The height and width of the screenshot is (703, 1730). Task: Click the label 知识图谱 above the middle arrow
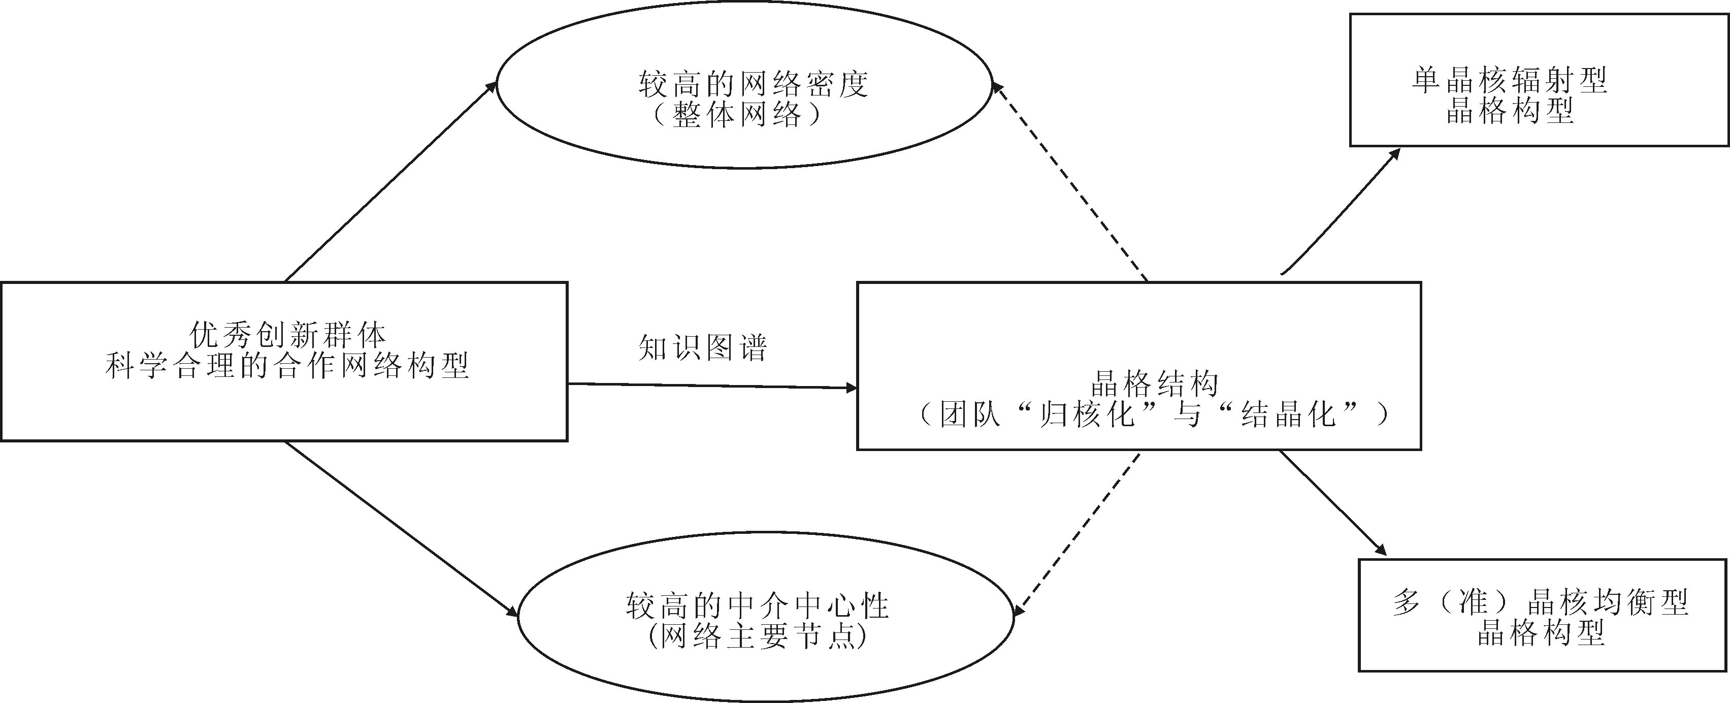point(702,347)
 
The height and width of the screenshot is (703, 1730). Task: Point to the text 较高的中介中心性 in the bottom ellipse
point(757,605)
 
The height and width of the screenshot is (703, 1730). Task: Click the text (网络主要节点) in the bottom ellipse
point(757,636)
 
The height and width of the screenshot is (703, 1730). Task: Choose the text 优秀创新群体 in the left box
point(287,334)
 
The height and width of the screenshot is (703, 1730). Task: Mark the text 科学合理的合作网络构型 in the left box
point(287,366)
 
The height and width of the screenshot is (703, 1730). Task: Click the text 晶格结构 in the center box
point(1154,384)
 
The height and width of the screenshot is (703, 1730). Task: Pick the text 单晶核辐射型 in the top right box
point(1509,81)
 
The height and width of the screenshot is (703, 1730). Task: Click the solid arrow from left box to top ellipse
point(391,181)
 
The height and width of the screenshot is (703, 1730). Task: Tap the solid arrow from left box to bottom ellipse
point(401,528)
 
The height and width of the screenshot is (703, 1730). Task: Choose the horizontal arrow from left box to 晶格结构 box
point(712,386)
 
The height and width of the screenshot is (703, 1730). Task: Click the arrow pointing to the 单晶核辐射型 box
point(1341,212)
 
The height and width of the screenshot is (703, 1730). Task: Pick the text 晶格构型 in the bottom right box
point(1541,634)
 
